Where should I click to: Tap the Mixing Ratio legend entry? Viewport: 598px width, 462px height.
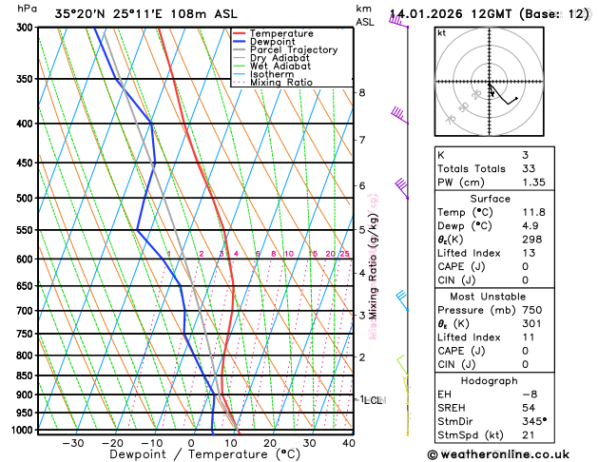point(284,83)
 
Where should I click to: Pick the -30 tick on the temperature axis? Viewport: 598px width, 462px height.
point(72,442)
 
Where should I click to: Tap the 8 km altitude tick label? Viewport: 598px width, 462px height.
point(362,92)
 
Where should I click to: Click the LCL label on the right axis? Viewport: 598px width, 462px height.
point(374,400)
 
